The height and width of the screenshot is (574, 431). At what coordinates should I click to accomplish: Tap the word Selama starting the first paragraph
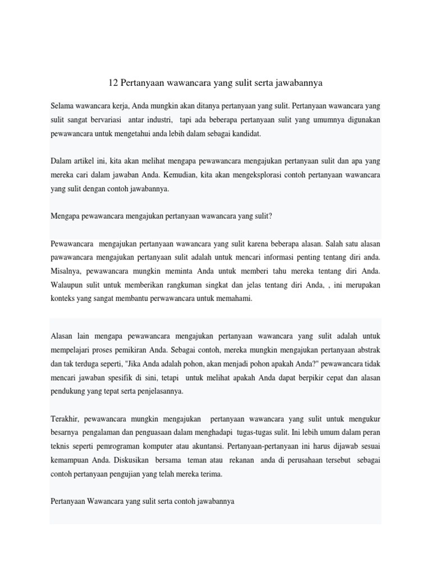tap(62, 105)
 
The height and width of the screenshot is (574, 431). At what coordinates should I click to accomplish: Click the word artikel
tap(84, 161)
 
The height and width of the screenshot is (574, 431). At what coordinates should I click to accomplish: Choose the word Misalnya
tap(66, 271)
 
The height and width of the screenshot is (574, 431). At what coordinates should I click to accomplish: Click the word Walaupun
tap(68, 285)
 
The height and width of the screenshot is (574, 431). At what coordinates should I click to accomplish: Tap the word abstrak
tap(368, 350)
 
